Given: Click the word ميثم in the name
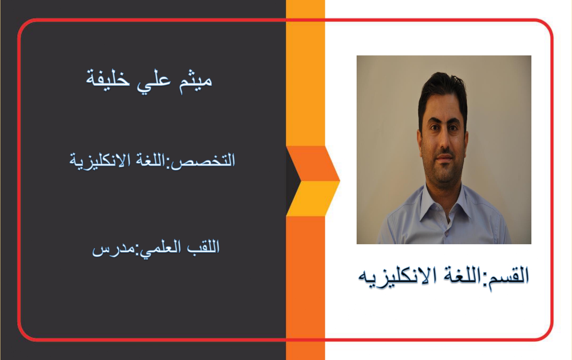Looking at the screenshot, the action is pyautogui.click(x=195, y=82).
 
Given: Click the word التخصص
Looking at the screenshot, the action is pyautogui.click(x=203, y=161).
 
